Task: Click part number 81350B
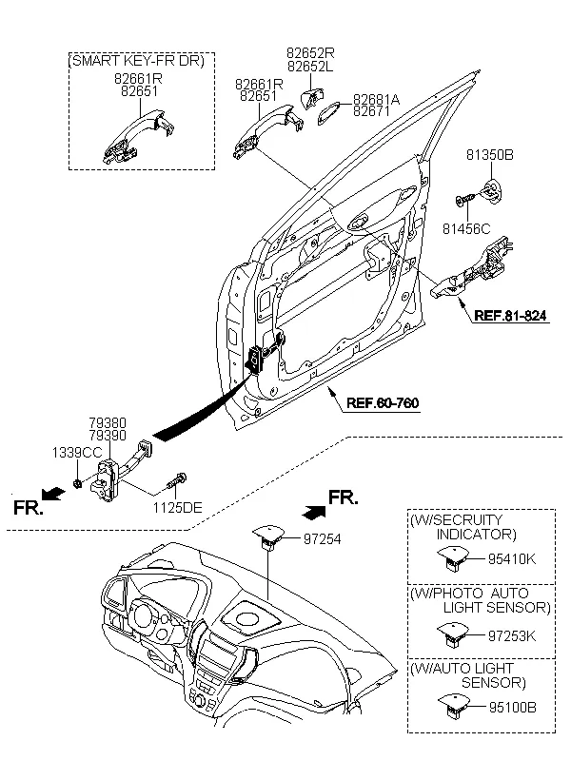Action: (x=490, y=153)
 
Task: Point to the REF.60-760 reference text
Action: (x=382, y=402)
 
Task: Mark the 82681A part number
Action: (x=378, y=99)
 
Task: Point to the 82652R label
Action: (x=310, y=55)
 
